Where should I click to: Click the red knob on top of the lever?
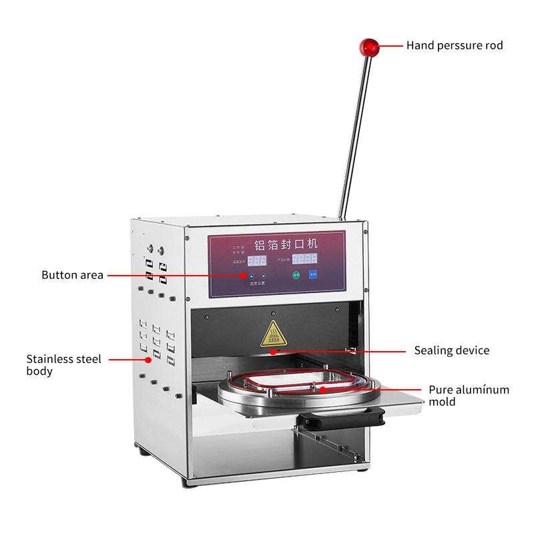click(x=368, y=47)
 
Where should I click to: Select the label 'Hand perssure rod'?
click(x=455, y=45)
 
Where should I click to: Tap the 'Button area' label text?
click(x=72, y=275)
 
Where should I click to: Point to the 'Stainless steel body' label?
click(x=64, y=364)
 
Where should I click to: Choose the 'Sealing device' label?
click(x=451, y=350)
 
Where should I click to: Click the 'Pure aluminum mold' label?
click(x=469, y=395)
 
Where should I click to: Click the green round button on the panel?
click(x=296, y=274)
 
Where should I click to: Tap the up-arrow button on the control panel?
click(x=252, y=275)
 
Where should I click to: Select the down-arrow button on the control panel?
click(x=264, y=275)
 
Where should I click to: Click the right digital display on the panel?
click(x=305, y=258)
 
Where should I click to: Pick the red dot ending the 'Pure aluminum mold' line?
click(x=322, y=388)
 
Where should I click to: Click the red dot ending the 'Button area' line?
click(x=244, y=275)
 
